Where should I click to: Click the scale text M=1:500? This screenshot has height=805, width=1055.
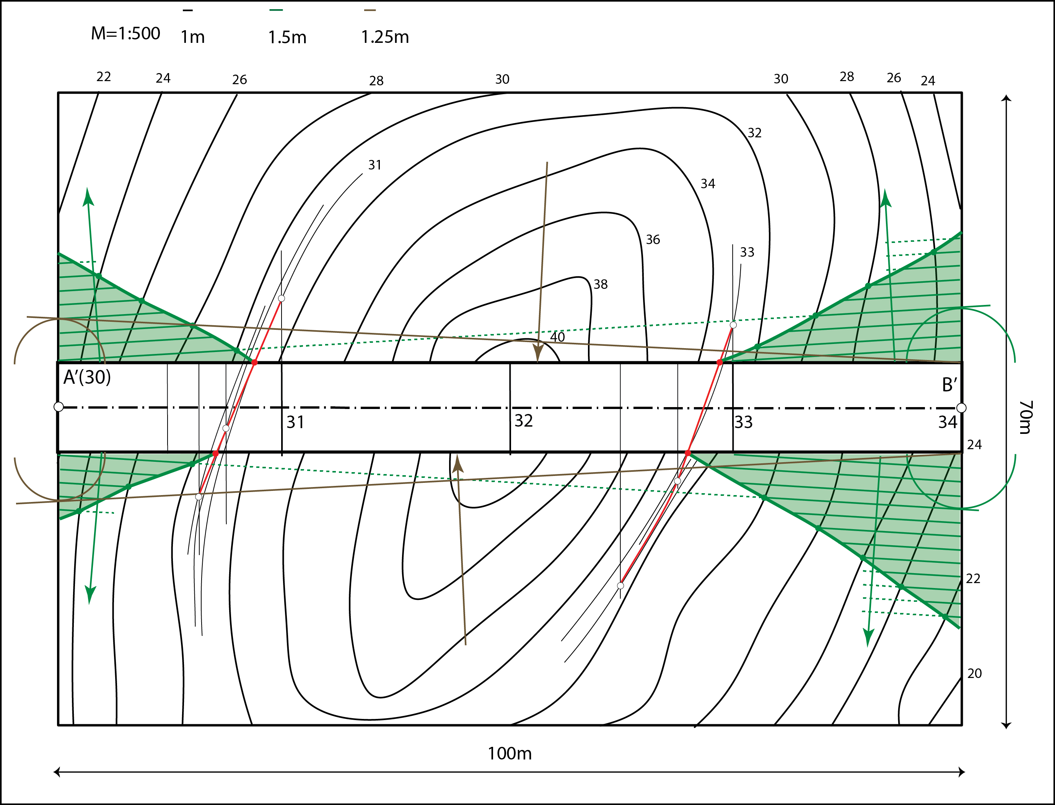(125, 34)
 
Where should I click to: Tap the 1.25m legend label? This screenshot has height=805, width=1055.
(385, 37)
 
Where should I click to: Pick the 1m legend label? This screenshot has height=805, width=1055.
(193, 37)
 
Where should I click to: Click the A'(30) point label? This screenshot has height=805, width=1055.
(87, 378)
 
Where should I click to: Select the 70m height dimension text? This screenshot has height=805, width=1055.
(1025, 417)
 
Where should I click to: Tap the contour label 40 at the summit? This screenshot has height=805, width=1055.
(557, 337)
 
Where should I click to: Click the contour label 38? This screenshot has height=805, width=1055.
(600, 285)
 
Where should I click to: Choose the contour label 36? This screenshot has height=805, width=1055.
(653, 240)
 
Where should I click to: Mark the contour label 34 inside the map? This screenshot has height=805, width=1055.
(708, 184)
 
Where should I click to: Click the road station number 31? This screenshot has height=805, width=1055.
(295, 422)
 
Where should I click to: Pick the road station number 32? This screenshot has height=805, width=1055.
(524, 421)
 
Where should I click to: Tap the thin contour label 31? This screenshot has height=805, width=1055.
(374, 165)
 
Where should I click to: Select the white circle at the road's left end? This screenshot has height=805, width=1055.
(59, 407)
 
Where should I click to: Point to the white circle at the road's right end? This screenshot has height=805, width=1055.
(961, 408)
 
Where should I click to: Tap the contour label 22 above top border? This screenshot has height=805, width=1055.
(104, 77)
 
